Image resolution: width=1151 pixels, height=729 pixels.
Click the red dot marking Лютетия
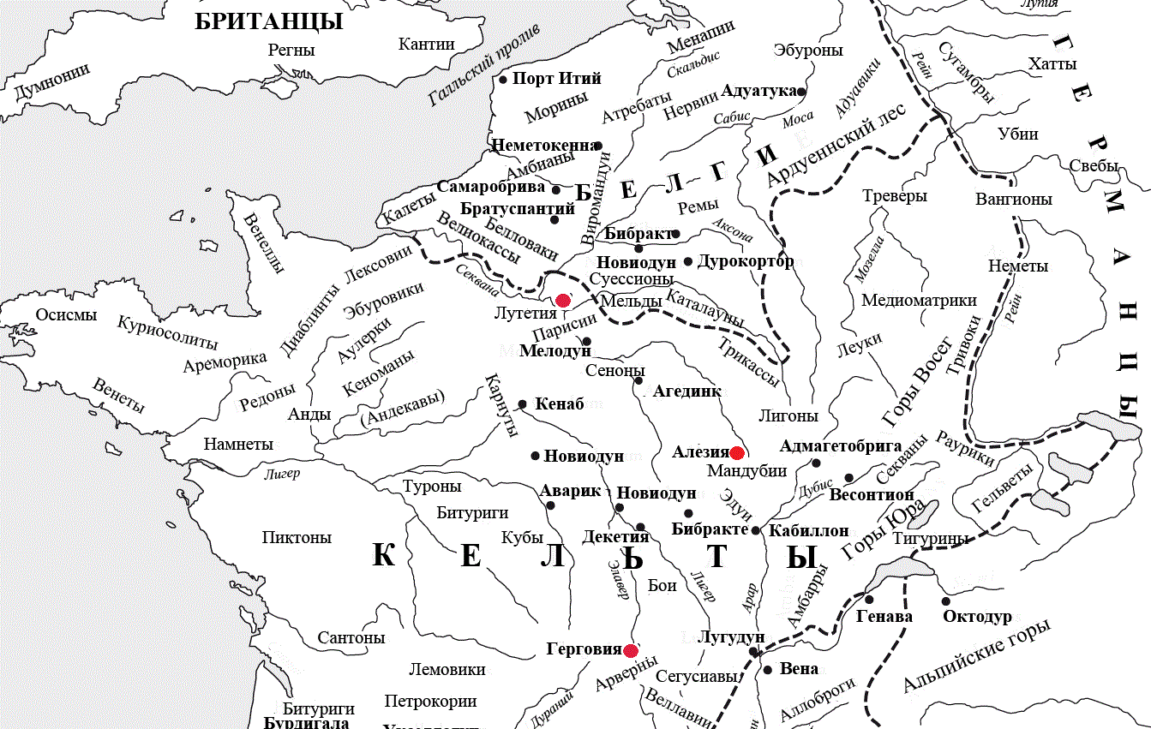coord(563,300)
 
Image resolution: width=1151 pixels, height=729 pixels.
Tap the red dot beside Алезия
coord(736,452)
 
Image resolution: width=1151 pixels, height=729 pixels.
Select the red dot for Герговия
coord(631,650)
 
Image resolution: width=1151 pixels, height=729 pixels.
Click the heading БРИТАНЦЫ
coord(269,21)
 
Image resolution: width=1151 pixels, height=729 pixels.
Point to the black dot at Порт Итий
coord(504,80)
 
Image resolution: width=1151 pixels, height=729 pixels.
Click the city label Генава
coord(884,617)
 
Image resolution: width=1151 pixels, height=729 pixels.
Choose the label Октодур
coord(977,617)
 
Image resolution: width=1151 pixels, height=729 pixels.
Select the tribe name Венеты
coord(118,395)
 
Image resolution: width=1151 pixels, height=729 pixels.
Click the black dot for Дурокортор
coord(687,261)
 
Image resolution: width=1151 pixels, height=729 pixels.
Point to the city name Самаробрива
coord(491,187)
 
